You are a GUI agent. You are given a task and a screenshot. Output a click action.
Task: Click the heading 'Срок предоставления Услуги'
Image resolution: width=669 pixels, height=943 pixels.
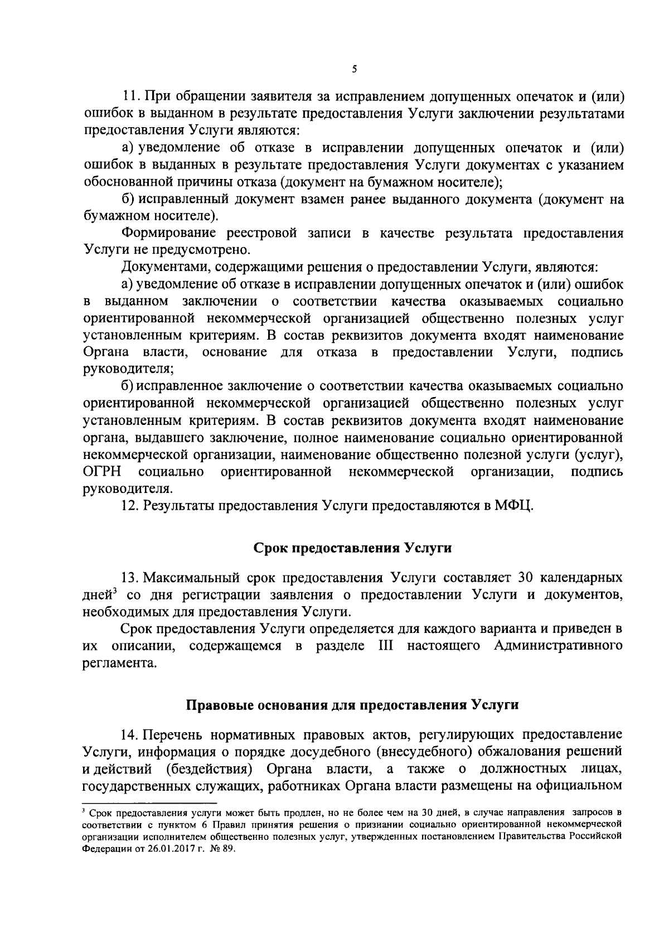[352, 548]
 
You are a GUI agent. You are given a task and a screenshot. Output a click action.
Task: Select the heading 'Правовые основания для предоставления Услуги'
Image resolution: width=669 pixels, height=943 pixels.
[352, 705]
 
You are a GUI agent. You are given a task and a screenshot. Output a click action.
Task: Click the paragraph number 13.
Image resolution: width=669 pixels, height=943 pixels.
[129, 577]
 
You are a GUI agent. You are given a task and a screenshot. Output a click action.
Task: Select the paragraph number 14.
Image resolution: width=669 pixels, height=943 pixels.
[129, 733]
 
